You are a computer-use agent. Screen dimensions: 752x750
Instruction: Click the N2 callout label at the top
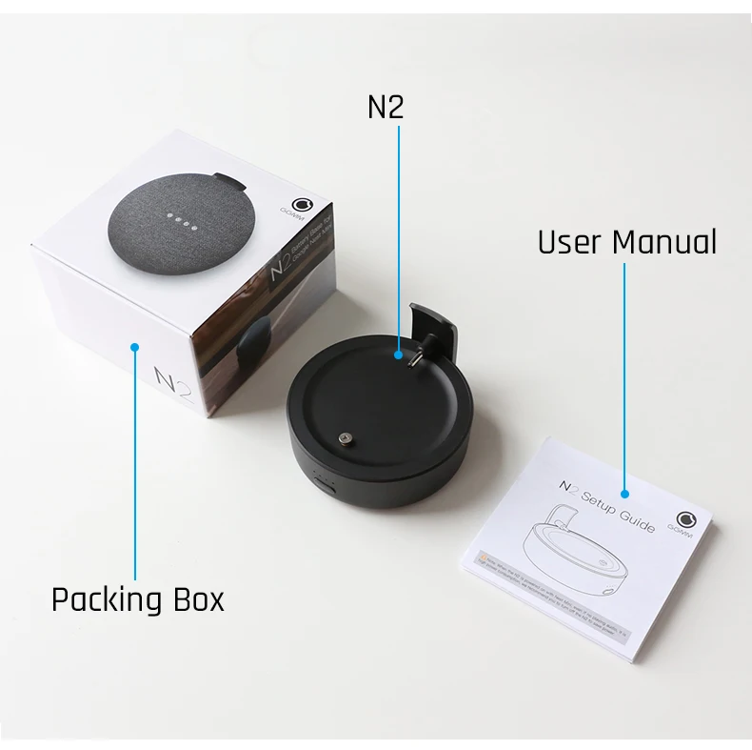click(x=386, y=107)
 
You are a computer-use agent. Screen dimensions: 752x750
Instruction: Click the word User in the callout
click(x=569, y=242)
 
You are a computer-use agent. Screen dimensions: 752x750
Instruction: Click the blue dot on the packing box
click(x=134, y=348)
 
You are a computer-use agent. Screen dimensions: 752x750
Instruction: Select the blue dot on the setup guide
click(x=624, y=494)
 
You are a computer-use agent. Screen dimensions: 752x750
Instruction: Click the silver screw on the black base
click(x=344, y=438)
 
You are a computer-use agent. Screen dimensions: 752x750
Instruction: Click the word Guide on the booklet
click(x=636, y=516)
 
